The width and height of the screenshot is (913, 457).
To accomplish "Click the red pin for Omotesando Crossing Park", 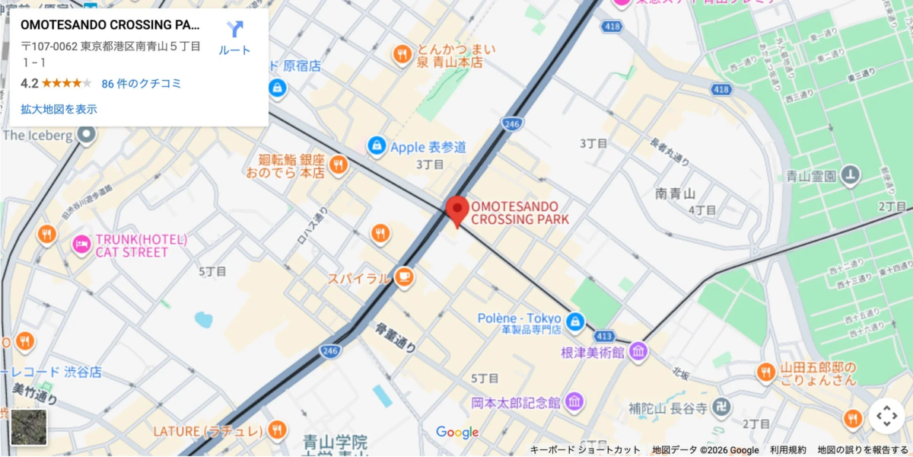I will click(x=456, y=209).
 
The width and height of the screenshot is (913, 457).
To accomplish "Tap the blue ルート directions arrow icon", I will click(x=235, y=30).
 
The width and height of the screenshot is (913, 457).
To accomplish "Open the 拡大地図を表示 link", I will click(x=59, y=109).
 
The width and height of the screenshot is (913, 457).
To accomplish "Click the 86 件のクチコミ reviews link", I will click(x=142, y=84).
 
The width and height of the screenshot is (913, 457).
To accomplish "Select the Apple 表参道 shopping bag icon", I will click(x=376, y=145).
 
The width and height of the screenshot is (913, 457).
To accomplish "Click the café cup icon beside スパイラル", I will click(x=404, y=277).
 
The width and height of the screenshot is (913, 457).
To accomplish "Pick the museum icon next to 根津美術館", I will click(x=638, y=351).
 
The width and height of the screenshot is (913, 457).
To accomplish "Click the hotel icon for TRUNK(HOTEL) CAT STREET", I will click(x=81, y=244).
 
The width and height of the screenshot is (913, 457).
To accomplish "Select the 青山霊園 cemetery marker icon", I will click(x=851, y=176).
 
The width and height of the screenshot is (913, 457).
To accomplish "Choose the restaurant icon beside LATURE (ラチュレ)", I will click(x=277, y=430).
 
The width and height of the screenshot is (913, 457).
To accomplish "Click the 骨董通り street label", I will click(x=396, y=337).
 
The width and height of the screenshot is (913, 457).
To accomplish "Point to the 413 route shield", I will click(x=605, y=335).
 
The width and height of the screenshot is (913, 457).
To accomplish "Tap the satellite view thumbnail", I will click(x=29, y=427).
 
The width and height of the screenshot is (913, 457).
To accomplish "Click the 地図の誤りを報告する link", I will click(x=863, y=450).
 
